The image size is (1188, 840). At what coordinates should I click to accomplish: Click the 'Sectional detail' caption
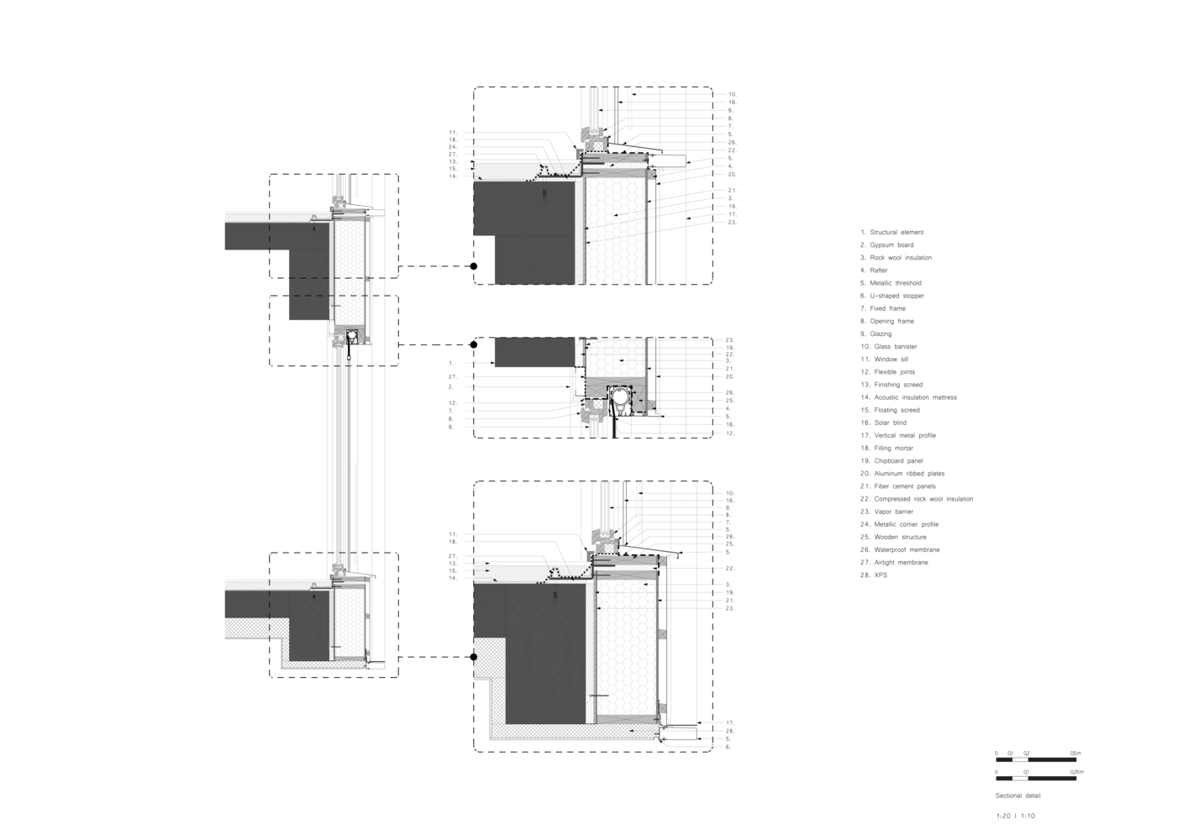[x=1017, y=795]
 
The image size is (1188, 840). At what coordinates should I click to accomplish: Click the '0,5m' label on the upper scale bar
[x=1075, y=753]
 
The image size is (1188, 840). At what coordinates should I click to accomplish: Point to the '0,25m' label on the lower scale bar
[x=1076, y=772]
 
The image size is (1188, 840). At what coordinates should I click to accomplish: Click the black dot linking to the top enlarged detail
[x=474, y=266]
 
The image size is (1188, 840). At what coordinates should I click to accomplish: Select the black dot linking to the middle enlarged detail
[x=474, y=344]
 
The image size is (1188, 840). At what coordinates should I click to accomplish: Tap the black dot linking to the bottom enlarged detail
[x=474, y=657]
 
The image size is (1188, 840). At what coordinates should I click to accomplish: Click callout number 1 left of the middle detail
[x=451, y=364]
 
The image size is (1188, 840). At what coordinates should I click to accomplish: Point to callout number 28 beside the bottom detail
[x=730, y=731]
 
